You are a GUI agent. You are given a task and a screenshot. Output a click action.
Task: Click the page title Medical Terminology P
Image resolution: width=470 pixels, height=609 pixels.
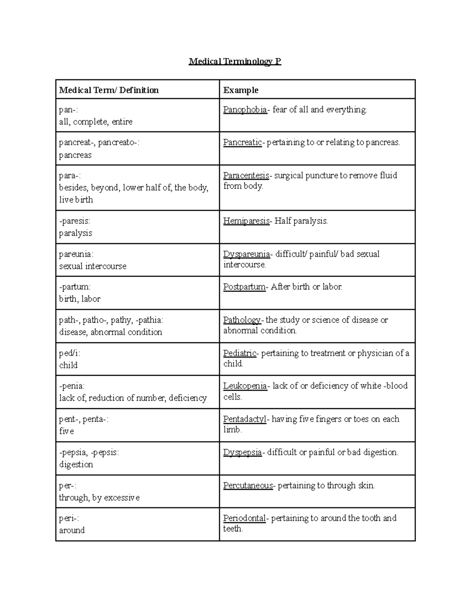[x=235, y=62]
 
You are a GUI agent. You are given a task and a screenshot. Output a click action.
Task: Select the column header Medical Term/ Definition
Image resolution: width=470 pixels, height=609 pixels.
[x=109, y=90]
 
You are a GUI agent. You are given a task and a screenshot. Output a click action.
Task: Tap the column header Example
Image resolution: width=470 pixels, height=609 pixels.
[x=241, y=90]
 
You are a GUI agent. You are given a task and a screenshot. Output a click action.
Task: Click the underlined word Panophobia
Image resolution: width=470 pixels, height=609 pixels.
[x=245, y=110]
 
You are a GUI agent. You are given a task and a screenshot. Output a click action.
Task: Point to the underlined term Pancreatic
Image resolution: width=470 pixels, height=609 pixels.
[x=242, y=142]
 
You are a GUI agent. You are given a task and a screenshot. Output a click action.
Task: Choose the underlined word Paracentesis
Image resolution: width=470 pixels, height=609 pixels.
[x=246, y=175]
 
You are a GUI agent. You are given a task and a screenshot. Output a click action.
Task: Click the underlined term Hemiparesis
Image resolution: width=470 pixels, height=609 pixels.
[x=246, y=221]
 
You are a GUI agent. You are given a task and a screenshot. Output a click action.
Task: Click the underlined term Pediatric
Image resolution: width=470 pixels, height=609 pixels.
[x=240, y=353]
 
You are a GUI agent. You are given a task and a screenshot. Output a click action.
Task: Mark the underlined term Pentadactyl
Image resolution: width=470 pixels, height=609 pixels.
[x=245, y=419]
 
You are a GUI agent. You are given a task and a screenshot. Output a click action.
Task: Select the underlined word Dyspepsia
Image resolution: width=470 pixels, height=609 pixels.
[x=242, y=453]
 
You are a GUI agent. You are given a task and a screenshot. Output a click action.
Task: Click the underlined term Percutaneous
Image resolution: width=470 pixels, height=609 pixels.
[x=248, y=485]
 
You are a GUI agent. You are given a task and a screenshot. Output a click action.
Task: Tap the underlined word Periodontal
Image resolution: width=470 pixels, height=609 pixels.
[x=244, y=518]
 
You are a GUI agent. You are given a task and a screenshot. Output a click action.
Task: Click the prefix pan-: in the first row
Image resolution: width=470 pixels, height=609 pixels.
[x=69, y=110]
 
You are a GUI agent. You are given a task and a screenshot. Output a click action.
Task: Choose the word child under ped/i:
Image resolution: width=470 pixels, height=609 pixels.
[x=68, y=365]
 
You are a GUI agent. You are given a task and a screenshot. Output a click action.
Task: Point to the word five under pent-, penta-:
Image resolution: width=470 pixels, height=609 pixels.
[x=67, y=431]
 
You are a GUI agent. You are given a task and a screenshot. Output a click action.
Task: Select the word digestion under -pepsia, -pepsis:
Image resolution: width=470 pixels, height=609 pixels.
[x=76, y=465]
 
